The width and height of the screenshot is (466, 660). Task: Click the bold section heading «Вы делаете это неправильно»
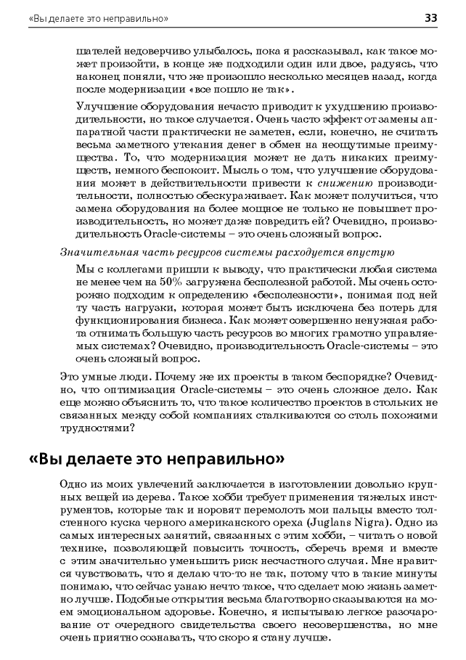click(x=155, y=460)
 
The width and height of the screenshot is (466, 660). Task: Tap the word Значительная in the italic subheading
click(x=91, y=253)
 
